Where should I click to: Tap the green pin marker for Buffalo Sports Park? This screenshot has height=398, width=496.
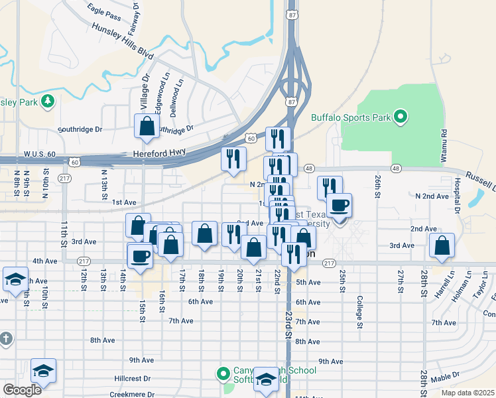pos(400,118)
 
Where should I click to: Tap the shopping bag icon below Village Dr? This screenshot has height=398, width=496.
pos(147,126)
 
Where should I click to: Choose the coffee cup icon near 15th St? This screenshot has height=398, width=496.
pos(141,255)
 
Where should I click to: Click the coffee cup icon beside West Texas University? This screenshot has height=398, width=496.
pos(339,205)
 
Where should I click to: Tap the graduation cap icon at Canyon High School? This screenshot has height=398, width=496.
pos(266,379)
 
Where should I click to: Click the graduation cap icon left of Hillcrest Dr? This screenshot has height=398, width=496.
pos(43,371)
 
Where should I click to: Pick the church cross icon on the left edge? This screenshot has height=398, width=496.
pos(6,339)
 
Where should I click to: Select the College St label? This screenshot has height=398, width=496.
pos(359,312)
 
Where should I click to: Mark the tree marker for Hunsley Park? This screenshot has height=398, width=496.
pos(47,101)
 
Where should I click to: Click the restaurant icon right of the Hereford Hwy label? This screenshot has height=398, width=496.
pos(234,159)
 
